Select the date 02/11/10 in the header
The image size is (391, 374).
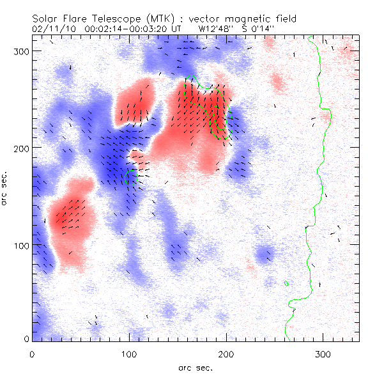(x=53, y=29)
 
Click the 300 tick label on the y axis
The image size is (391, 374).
(x=19, y=51)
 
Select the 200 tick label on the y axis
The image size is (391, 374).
(x=19, y=148)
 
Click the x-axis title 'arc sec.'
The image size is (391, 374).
(x=195, y=367)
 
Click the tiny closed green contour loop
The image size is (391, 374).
(x=287, y=283)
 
